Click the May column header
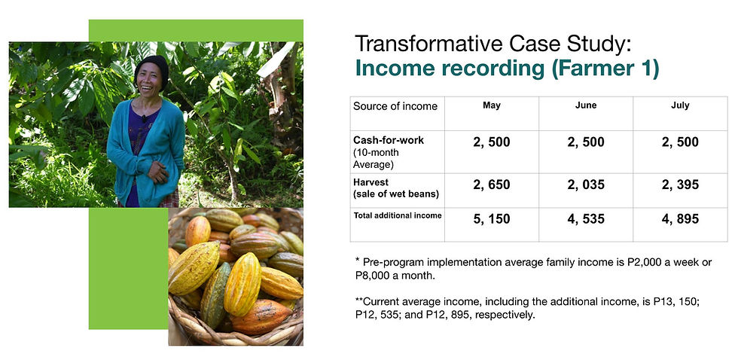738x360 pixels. [491, 105]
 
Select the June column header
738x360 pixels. [586, 105]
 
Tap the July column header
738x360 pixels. [680, 105]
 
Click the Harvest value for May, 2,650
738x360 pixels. [491, 185]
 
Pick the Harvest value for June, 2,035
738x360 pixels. [586, 185]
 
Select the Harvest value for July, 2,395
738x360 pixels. [680, 185]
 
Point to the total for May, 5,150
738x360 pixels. [491, 219]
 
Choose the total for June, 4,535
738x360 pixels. [586, 219]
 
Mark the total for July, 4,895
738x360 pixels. [680, 219]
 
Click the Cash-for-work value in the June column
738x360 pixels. [586, 142]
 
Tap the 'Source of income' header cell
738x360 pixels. [395, 106]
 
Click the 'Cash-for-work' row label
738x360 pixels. [389, 140]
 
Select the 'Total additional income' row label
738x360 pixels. [398, 215]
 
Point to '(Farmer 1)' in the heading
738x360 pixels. [605, 69]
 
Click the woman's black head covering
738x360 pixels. [152, 69]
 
